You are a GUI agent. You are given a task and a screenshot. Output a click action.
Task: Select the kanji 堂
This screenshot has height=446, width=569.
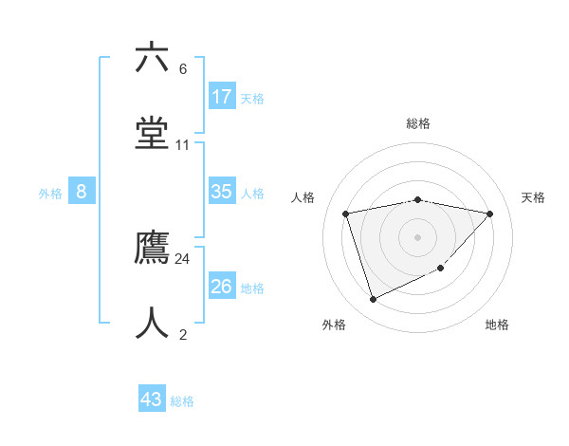coord(152,133)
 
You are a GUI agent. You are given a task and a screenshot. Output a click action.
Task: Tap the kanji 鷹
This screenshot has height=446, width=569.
coord(152,249)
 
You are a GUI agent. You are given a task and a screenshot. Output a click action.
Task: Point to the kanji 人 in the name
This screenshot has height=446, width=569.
coord(152,324)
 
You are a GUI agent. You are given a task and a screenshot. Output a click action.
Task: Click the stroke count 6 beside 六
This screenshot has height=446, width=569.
coord(183,69)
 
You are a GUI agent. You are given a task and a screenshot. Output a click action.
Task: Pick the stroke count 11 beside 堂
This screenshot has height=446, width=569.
coord(183,145)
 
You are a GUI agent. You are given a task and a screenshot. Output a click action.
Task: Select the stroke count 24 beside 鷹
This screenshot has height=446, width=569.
coord(183,258)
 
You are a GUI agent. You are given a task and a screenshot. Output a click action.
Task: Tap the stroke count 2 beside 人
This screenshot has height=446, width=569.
coord(183,334)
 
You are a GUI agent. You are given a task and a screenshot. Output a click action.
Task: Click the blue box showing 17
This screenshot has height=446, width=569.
coord(222,97)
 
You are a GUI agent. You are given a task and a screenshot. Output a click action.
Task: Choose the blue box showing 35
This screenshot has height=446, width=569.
coord(222,192)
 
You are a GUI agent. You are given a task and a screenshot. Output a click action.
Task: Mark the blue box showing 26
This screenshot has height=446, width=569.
coord(222,286)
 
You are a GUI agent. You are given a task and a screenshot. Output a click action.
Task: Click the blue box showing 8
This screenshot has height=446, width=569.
coord(82,192)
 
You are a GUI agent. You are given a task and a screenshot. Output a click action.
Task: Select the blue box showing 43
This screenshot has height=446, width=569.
coord(152,400)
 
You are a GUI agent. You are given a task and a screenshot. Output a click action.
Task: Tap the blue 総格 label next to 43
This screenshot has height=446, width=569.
coord(182,401)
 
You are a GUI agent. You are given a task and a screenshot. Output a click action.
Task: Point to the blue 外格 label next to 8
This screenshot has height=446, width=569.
coord(50,194)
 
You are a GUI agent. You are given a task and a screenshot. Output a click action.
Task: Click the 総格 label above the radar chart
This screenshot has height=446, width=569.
coord(417,123)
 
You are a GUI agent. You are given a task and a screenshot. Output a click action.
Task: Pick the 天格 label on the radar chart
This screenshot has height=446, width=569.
coord(533,197)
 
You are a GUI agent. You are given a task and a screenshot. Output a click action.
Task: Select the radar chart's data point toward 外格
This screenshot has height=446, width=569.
coord(373,300)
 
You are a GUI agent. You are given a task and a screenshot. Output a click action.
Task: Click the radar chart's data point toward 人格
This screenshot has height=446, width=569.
coord(346,214)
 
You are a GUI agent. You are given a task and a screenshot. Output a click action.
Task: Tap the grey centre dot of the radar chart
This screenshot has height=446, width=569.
coord(417,236)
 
